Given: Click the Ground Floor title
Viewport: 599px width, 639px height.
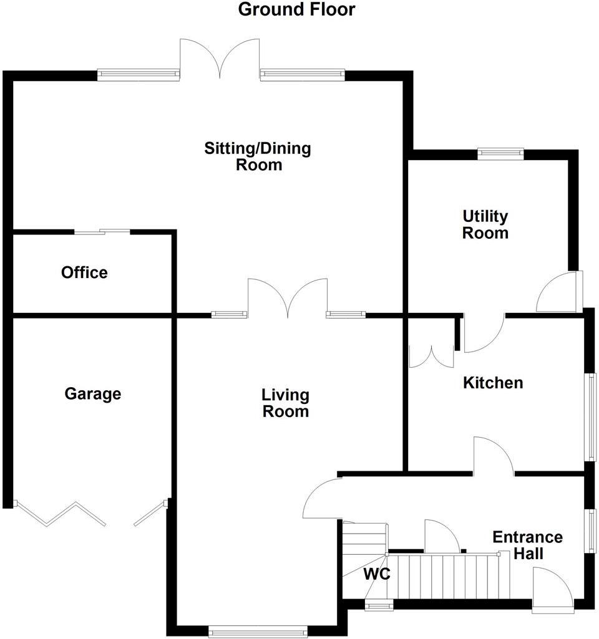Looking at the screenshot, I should coord(297,10).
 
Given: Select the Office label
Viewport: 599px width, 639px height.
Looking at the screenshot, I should coord(84,272).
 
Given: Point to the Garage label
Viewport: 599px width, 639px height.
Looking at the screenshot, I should coord(93,394).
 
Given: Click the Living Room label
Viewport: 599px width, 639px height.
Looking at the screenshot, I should coord(285,403).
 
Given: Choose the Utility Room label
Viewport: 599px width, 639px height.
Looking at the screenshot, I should coord(485,224).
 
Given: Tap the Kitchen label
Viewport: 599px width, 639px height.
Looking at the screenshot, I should coord(493,382).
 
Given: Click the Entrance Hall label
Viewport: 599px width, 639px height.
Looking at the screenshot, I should coord(527,545).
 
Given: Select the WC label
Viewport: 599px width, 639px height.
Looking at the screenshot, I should coord(377,574).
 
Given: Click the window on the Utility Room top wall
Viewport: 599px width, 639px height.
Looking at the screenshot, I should coord(500,151).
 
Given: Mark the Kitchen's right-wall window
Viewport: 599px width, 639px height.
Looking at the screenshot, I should coord(590,416).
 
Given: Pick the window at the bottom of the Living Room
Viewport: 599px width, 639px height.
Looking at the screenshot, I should coord(258,632).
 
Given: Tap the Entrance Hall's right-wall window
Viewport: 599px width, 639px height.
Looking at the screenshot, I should coord(590,530).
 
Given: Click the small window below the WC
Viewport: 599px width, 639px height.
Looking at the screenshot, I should coord(379,605).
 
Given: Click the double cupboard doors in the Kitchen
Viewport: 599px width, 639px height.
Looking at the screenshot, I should coord(431,355).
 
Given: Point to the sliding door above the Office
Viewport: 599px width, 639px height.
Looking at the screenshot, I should coord(102,232).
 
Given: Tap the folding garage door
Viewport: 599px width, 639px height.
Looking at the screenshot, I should coord(61,514).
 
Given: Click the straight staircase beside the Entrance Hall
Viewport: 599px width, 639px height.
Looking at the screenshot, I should coord(449,576).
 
